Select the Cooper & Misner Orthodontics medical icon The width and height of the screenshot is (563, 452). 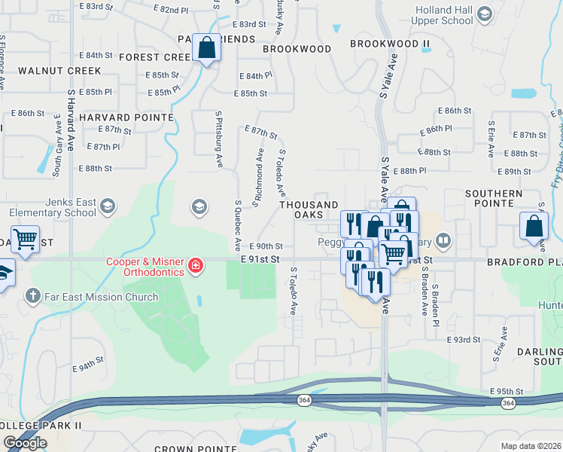tap(195, 264)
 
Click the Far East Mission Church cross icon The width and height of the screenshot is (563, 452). tap(32, 296)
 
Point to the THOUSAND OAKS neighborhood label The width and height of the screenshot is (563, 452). tap(309, 209)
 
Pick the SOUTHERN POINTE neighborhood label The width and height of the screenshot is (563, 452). tap(494, 199)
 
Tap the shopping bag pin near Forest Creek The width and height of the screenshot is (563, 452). tap(206, 48)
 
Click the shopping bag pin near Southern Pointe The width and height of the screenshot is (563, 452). tap(534, 226)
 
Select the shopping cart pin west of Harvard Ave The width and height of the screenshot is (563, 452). tap(25, 240)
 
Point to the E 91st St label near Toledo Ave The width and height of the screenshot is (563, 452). tap(260, 259)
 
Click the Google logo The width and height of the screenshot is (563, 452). tap(25, 443)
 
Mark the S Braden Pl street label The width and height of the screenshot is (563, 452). tap(435, 295)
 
